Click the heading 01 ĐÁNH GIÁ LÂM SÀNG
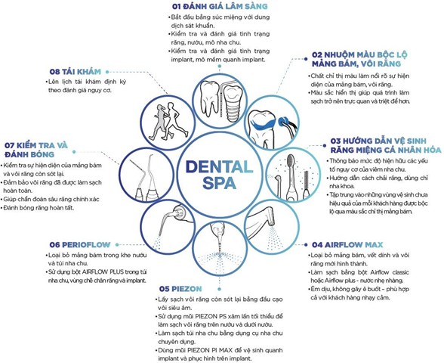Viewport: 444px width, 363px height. [220, 6]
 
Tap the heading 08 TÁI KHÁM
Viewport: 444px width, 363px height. [75, 72]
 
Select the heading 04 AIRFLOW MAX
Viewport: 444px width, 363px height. [347, 245]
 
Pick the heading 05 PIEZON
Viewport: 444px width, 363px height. [180, 289]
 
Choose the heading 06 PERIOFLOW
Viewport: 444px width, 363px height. [80, 245]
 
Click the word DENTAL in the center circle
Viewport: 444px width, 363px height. [219, 166]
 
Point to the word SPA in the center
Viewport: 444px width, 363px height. [219, 183]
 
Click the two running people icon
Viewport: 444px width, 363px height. [165, 121]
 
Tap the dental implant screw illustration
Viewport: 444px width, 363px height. [233, 103]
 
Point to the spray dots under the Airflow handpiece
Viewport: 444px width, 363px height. [275, 238]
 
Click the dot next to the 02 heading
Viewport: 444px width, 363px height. [306, 59]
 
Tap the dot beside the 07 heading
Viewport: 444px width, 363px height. [74, 152]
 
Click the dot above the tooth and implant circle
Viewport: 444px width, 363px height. [220, 66]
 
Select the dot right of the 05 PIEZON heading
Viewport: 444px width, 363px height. [219, 289]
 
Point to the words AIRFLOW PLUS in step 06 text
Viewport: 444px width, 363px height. [103, 272]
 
